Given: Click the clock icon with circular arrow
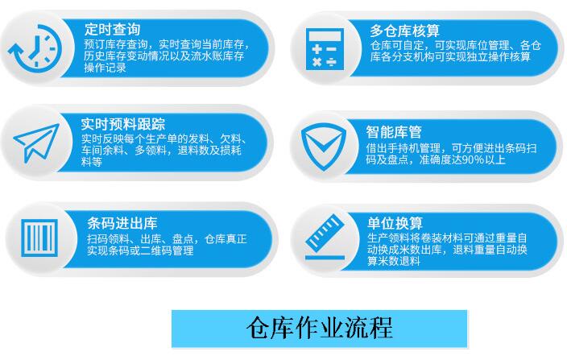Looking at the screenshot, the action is pos(35,47).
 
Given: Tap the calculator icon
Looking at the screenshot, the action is pos(325,49).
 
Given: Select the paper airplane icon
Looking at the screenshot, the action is pos(36,143).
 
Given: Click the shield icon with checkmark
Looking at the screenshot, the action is pos(324,146).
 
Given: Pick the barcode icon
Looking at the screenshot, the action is pos(39,238).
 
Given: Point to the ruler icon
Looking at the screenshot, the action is pos(325,232).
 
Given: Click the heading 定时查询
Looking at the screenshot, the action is pos(112,29).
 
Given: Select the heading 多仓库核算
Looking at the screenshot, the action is pos(404,31).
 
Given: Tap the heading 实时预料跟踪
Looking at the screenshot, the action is pos(123,124).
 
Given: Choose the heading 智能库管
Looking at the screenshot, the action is pos(394,132).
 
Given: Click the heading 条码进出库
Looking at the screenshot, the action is pos(122,223).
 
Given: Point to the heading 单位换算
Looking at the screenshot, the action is pos(395,223).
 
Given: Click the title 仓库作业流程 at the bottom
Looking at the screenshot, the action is pos(320,329).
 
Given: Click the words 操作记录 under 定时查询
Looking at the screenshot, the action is pos(105,68).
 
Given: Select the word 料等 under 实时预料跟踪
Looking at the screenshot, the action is pos(92,162).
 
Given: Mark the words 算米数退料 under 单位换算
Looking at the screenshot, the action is pos(394,261).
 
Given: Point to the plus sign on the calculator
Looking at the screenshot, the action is pos(317,48).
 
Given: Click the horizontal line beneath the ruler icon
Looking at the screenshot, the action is pos(325,258).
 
